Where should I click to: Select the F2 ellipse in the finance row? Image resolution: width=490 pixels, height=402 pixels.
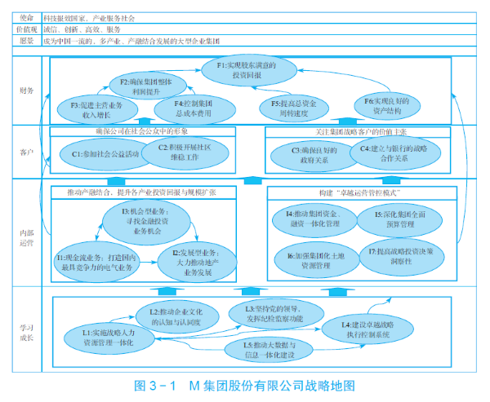(x=147, y=86)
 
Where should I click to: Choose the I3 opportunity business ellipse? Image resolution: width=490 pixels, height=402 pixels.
(x=149, y=221)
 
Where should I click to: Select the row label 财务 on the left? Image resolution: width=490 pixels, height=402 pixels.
(x=27, y=91)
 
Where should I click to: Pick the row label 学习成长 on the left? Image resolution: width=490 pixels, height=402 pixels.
(x=27, y=327)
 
